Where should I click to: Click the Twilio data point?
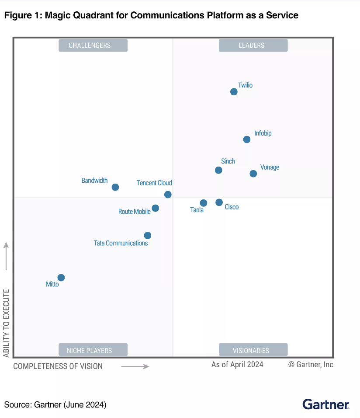point(234,92)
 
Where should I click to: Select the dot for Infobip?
point(247,139)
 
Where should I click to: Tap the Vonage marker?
point(253,174)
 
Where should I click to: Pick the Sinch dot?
point(218,170)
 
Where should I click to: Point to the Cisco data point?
point(219,202)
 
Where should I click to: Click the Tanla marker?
point(203,203)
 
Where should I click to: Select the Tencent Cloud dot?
point(168,195)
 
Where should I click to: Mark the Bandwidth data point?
point(115,187)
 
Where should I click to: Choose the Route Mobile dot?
point(155,208)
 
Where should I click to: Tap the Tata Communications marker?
point(148,235)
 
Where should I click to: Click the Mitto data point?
point(61,278)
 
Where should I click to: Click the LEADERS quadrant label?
point(253,45)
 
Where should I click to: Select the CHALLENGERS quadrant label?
point(93,45)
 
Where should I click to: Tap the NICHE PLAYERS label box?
point(93,350)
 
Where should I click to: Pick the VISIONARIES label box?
point(253,350)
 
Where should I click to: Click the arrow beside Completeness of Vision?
point(135,366)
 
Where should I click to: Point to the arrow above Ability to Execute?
point(6,257)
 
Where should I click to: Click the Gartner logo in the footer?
point(326,404)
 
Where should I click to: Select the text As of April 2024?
point(237,364)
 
